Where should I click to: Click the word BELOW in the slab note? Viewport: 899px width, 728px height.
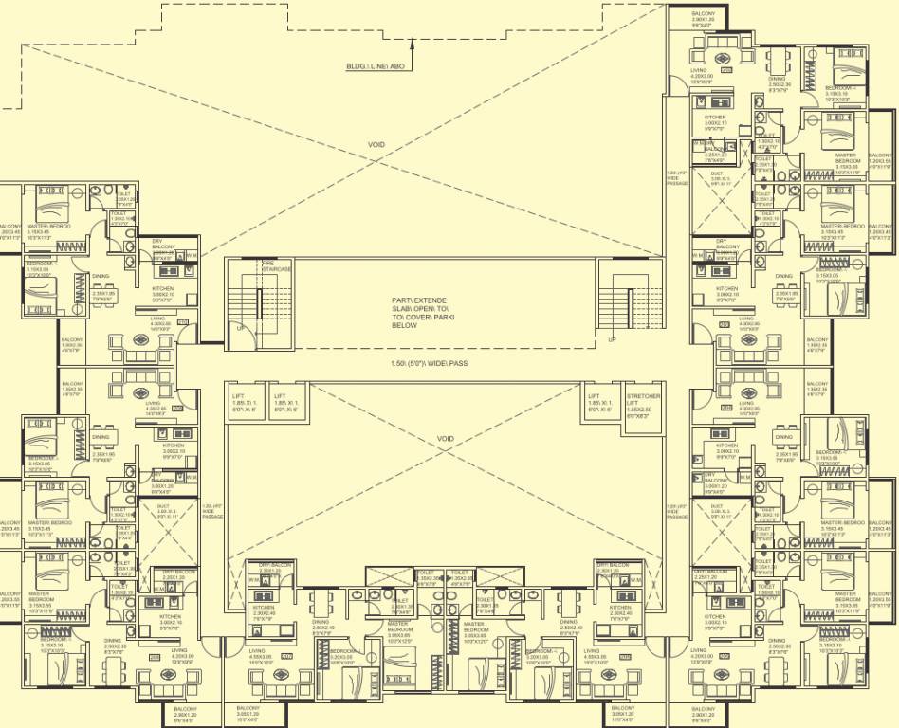pyautogui.click(x=404, y=325)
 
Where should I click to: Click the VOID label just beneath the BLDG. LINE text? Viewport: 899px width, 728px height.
pyautogui.click(x=376, y=144)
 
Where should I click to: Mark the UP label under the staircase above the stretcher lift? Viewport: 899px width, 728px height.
pyautogui.click(x=612, y=338)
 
